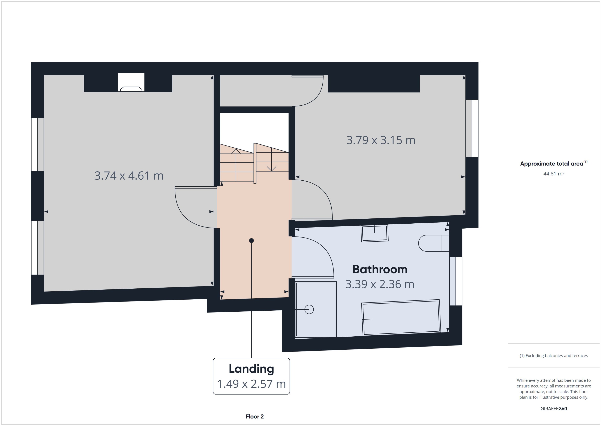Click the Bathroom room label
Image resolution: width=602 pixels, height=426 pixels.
tap(380, 269)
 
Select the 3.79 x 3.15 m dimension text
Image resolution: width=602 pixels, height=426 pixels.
tap(381, 140)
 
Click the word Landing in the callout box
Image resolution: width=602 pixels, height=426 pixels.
tap(251, 369)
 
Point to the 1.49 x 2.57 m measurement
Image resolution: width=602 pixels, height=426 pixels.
tap(251, 384)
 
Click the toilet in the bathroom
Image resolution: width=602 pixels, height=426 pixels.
tap(433, 243)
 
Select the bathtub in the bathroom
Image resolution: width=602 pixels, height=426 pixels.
tap(401, 318)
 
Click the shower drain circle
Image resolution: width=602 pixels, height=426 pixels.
tap(309, 310)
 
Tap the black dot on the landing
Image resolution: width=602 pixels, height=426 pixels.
tap(251, 241)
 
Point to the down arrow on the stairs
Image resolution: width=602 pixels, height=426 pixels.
tap(271, 168)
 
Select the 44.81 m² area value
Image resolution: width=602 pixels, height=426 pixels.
tap(553, 174)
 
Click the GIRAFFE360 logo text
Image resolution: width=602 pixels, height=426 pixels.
tap(553, 408)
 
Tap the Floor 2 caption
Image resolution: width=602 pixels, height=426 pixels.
tap(254, 417)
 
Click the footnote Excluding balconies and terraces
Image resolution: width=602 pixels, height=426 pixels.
tap(553, 356)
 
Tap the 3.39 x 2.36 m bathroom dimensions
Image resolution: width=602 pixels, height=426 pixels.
tap(380, 284)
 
